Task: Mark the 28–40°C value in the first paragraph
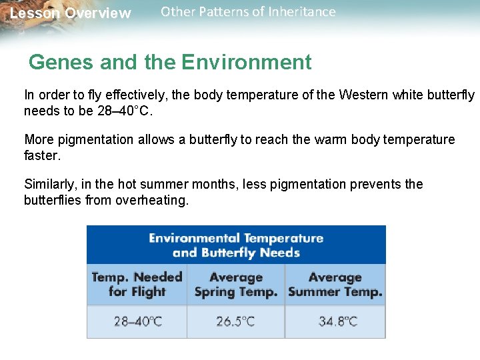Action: coord(125,111)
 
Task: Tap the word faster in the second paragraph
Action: coord(42,155)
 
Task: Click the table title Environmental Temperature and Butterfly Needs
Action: coord(236,245)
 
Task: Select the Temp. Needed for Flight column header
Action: coord(137,285)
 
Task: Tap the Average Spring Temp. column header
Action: coord(236,285)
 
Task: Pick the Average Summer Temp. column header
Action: coord(335,285)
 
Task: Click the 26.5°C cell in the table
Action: coord(236,321)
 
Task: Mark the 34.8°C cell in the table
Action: coord(335,321)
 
